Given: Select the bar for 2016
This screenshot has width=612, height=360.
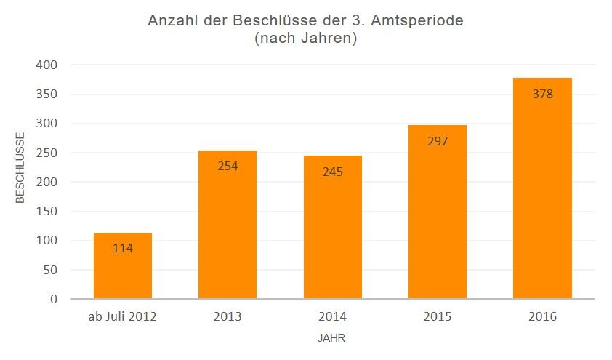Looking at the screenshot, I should [542, 188].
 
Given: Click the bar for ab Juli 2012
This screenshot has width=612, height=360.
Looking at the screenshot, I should [123, 266].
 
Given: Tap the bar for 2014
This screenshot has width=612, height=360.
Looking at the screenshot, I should [332, 227].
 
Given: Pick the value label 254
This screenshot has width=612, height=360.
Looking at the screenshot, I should [228, 166].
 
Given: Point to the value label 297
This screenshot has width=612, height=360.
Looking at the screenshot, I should [438, 141].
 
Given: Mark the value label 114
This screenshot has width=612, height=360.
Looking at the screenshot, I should [123, 248].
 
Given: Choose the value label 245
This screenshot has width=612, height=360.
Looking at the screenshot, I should [332, 172].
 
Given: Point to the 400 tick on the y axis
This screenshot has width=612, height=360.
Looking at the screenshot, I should [48, 65].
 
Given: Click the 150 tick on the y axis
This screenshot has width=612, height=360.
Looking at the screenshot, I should [48, 212].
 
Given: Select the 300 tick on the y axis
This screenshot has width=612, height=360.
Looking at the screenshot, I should [48, 124].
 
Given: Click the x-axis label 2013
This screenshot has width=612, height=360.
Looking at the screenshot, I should [228, 318].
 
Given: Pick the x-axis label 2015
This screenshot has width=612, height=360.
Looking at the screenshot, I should [438, 318].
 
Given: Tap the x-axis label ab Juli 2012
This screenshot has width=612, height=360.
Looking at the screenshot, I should [123, 318].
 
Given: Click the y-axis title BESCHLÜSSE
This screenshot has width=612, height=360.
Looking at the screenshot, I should [21, 167].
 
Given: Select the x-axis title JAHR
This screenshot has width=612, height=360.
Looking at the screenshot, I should [332, 339].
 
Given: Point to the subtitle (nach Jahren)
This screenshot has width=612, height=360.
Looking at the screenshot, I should [305, 39].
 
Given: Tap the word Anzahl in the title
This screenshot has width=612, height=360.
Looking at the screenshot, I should [172, 20].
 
